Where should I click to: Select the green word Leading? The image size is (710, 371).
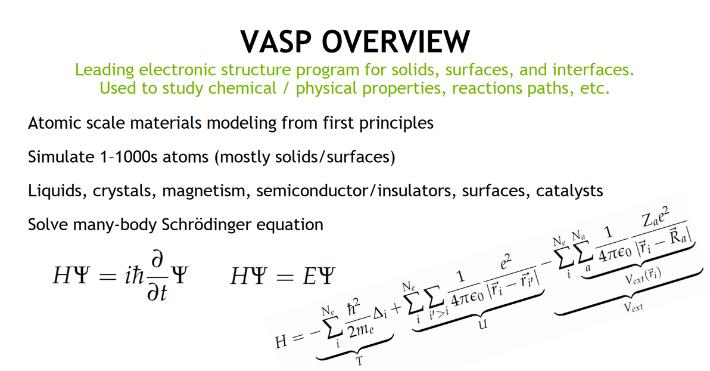(105, 70)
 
